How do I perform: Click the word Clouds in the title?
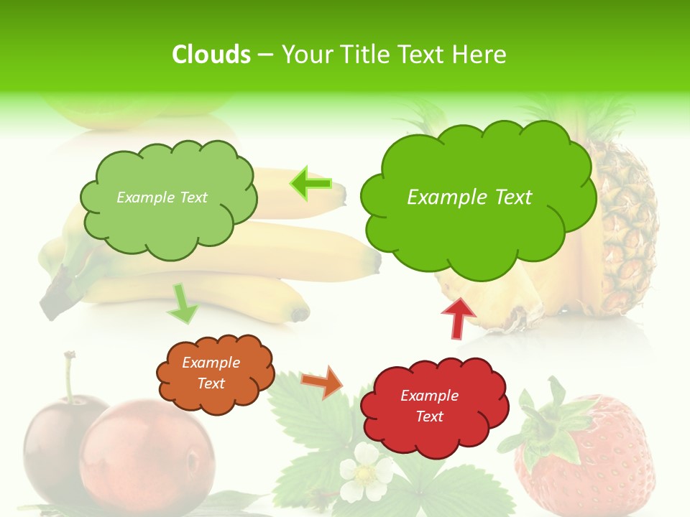pos(211,55)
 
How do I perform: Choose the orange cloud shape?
pos(214,373)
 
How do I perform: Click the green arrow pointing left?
pos(310,184)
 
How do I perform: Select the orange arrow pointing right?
pos(322,382)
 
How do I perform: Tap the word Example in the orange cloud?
pos(211,363)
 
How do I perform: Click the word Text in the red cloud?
pos(429,416)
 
